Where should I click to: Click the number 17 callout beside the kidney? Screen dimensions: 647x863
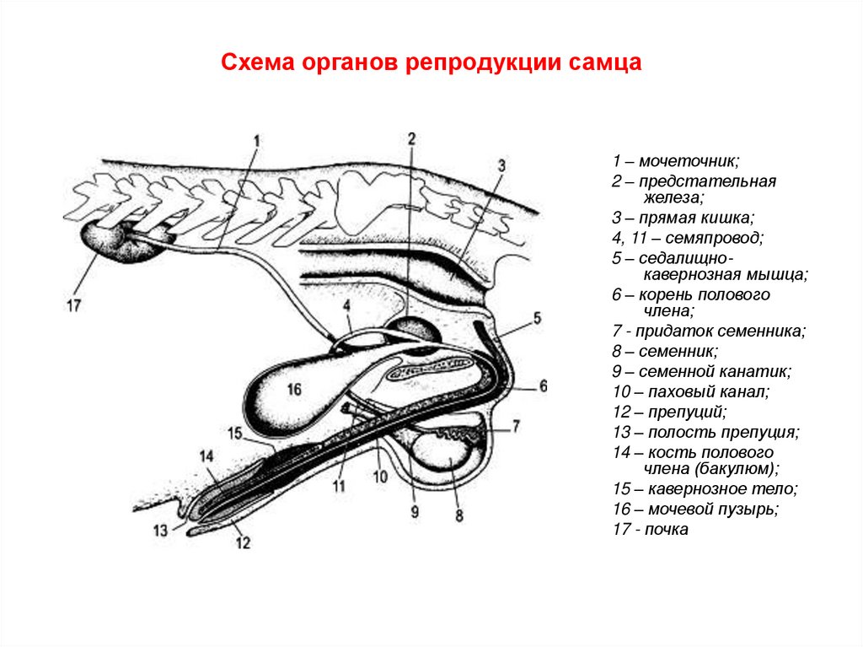pos(74,306)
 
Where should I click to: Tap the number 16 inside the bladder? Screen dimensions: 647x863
pos(292,390)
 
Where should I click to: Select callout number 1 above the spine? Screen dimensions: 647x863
pos(258,140)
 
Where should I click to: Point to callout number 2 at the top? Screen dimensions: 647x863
pos(411,137)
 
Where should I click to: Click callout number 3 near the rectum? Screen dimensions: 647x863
pos(501,165)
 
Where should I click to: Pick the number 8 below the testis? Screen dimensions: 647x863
pos(458,515)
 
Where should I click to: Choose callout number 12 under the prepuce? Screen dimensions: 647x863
pos(243,543)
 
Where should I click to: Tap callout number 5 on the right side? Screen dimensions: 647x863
pos(537,318)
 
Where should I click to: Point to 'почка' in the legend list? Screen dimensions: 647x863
pos(668,530)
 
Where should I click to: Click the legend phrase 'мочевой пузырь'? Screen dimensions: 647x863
pos(709,510)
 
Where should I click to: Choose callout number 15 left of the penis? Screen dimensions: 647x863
pos(234,434)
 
